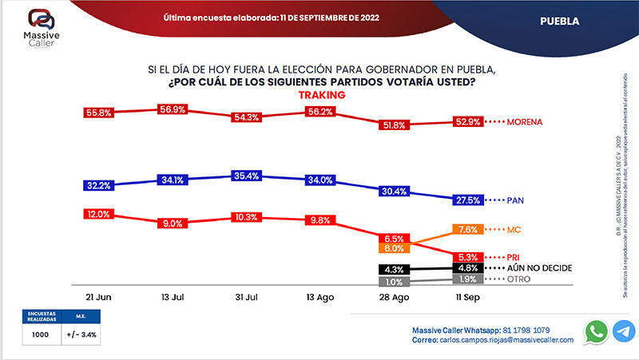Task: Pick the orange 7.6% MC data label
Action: pos(469,230)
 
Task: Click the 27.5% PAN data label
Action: pos(468,199)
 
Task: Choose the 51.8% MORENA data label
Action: pos(394,125)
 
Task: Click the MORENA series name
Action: pos(525,122)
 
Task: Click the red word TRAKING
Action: pos(321,94)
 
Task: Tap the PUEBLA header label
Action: pos(559,20)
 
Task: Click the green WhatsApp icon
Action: pos(596,331)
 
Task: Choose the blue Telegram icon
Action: pos(624,331)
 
